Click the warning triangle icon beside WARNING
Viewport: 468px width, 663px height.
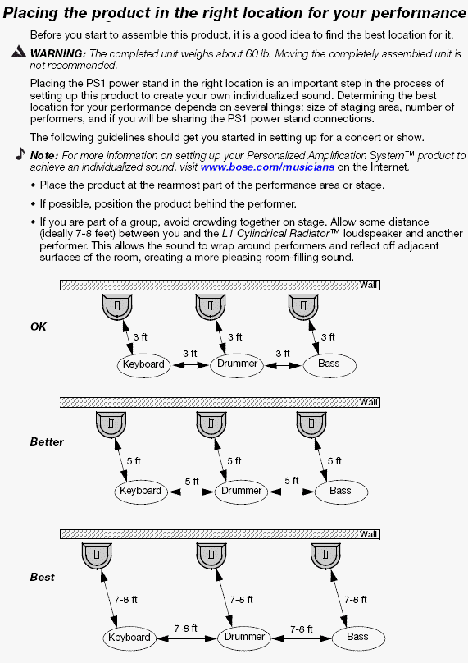[19, 52]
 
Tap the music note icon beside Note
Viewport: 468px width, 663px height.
[20, 153]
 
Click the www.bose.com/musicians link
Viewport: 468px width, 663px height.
[267, 167]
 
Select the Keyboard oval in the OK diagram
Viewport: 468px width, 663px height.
[143, 365]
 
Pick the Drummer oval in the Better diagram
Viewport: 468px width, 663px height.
[241, 492]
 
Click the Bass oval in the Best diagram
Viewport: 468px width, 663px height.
[358, 638]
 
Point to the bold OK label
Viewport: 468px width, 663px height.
[39, 327]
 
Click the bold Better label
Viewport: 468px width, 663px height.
[47, 441]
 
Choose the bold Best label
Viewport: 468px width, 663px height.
[43, 577]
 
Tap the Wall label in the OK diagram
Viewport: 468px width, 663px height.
[369, 285]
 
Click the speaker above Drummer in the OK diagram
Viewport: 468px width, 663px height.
[211, 307]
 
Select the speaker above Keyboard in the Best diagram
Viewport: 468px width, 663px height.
[97, 556]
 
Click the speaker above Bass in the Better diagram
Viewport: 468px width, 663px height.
[311, 425]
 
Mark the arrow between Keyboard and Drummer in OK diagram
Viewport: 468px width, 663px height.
[190, 365]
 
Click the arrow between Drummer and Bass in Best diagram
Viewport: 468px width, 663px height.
[302, 638]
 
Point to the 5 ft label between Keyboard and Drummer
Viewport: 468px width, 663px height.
[192, 482]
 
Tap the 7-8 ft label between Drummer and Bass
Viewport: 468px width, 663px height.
[302, 629]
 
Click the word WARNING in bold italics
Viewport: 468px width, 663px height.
[58, 53]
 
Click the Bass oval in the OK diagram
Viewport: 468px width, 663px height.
[329, 365]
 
